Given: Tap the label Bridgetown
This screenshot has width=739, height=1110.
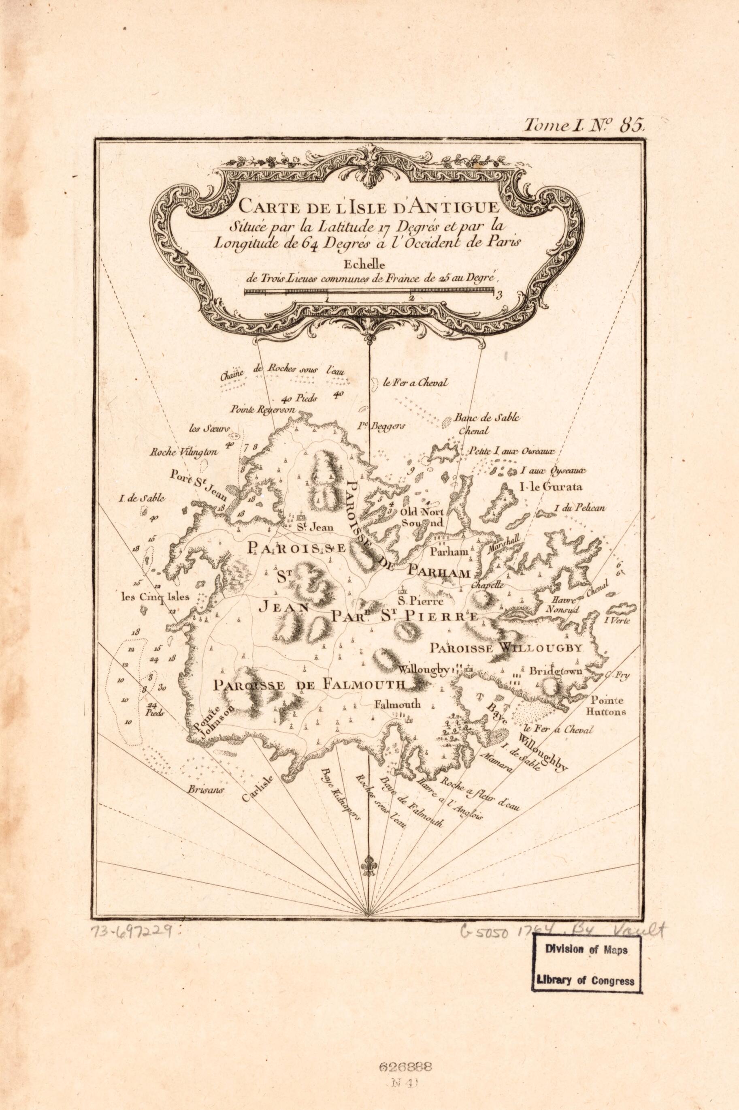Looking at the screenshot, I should pos(556,671).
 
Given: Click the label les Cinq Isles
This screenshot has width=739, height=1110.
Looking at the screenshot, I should pos(155,597).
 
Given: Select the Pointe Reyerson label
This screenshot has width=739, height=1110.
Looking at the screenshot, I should pos(262,410).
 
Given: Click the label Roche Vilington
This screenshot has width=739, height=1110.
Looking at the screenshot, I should pos(183,452).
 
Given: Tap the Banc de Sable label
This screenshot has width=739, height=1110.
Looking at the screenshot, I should pos(487,418).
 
